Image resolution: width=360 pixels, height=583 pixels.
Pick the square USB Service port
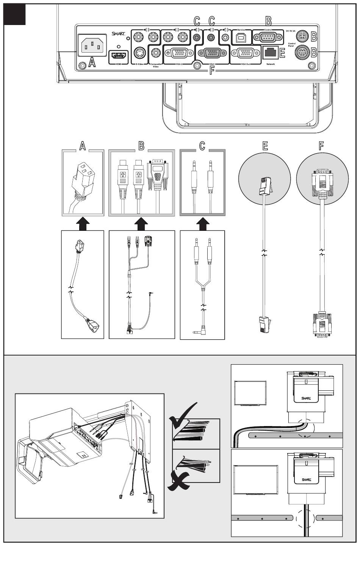pos(241,37)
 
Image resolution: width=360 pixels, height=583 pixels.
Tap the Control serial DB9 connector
pos(268,37)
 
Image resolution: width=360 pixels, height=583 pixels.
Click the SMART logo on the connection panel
pos(118,34)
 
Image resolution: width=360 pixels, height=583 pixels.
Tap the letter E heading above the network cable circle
pos(265,146)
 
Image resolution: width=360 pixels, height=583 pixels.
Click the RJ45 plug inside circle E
pos(264,186)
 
